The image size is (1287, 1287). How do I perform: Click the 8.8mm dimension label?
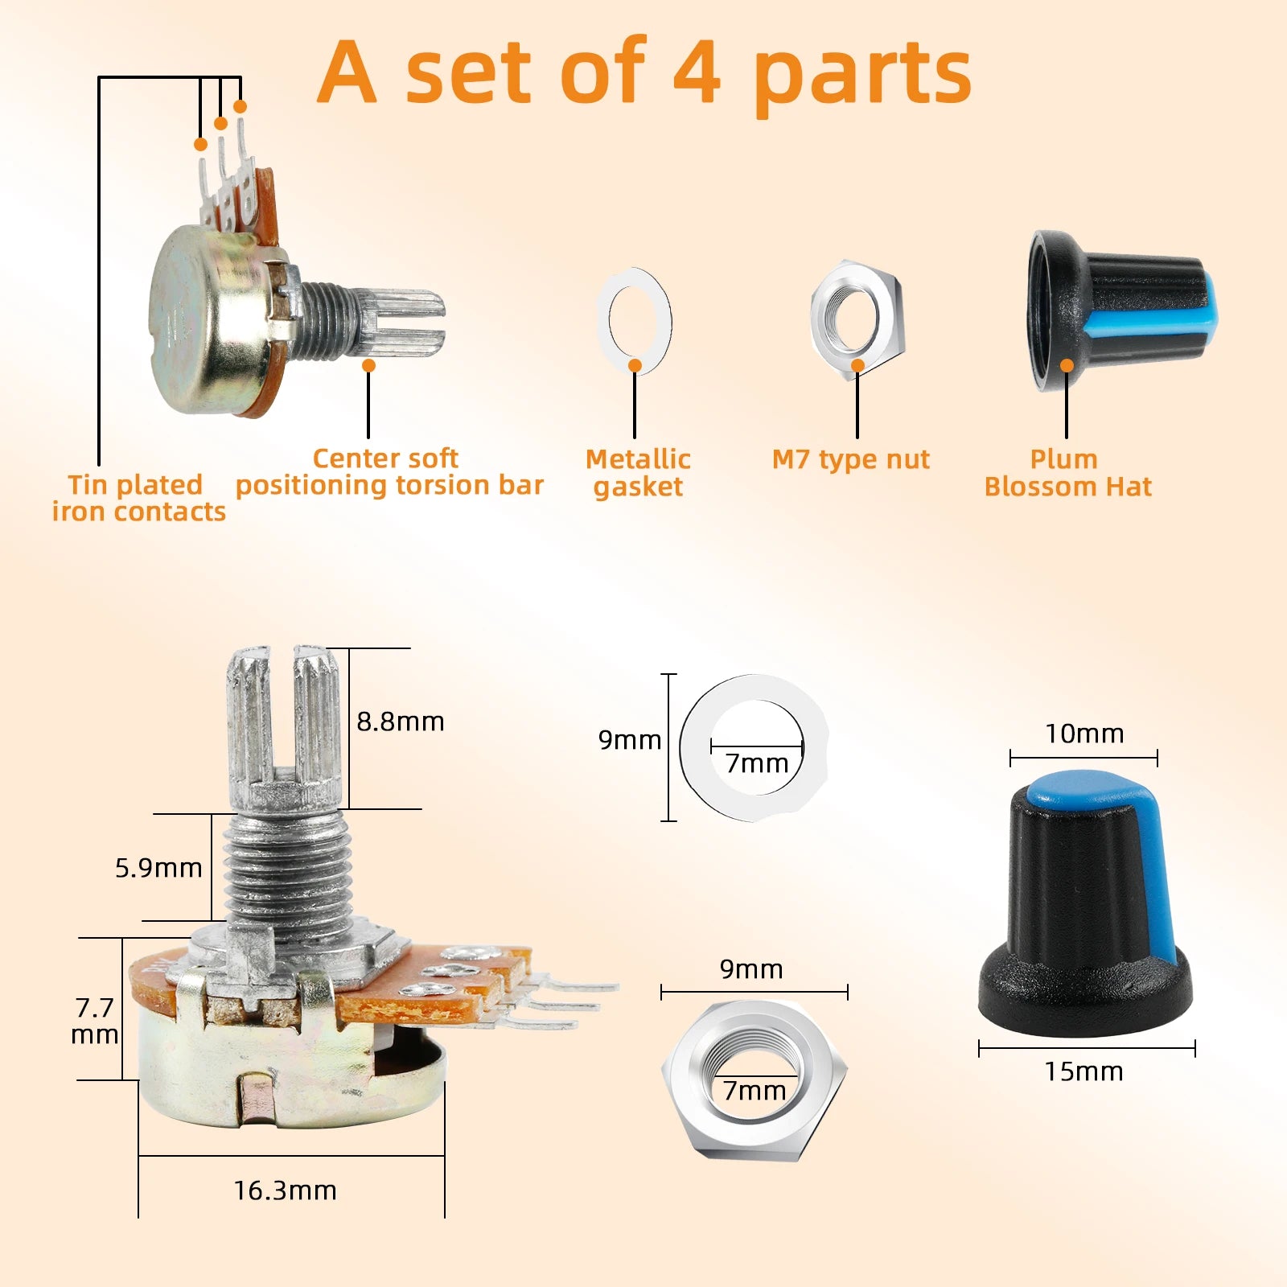tap(401, 722)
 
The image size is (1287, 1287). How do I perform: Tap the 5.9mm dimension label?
tap(158, 868)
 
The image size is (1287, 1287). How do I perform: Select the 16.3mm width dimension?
tap(286, 1190)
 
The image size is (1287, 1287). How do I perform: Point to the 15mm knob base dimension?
tap(1083, 1071)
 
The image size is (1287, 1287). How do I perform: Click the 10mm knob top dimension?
tap(1084, 734)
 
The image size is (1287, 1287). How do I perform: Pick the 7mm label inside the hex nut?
tap(755, 1091)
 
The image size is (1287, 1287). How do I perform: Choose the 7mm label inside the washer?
tap(757, 763)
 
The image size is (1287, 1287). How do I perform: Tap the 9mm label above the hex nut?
tap(751, 969)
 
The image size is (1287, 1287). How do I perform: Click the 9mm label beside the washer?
tap(630, 740)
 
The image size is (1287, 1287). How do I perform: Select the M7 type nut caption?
tap(850, 459)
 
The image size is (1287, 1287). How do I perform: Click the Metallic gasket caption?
tap(638, 473)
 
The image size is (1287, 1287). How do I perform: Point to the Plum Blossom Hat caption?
tap(1067, 473)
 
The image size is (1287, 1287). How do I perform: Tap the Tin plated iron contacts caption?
tap(138, 499)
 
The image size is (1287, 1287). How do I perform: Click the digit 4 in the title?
tap(697, 72)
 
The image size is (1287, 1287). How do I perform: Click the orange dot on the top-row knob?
tap(1067, 365)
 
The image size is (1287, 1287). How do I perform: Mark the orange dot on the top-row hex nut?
tap(857, 365)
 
